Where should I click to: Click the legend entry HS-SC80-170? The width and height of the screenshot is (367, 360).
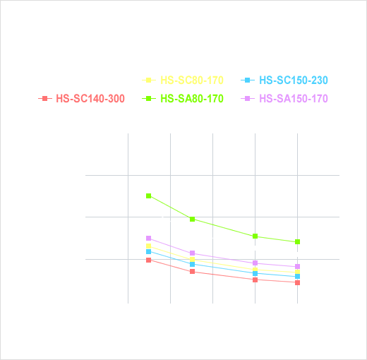pyautogui.click(x=183, y=80)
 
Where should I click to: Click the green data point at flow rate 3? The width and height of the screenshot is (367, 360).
pyautogui.click(x=149, y=196)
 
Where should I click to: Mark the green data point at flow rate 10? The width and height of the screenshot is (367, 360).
pyautogui.click(x=298, y=242)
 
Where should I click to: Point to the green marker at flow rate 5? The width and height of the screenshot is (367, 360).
pyautogui.click(x=192, y=219)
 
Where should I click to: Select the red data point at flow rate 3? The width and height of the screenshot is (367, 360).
pyautogui.click(x=149, y=260)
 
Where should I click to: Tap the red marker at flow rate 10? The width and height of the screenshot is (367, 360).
pyautogui.click(x=298, y=282)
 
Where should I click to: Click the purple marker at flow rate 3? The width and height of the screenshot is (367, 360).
pyautogui.click(x=149, y=239)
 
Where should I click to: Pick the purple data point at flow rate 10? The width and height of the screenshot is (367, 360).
pyautogui.click(x=298, y=267)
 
